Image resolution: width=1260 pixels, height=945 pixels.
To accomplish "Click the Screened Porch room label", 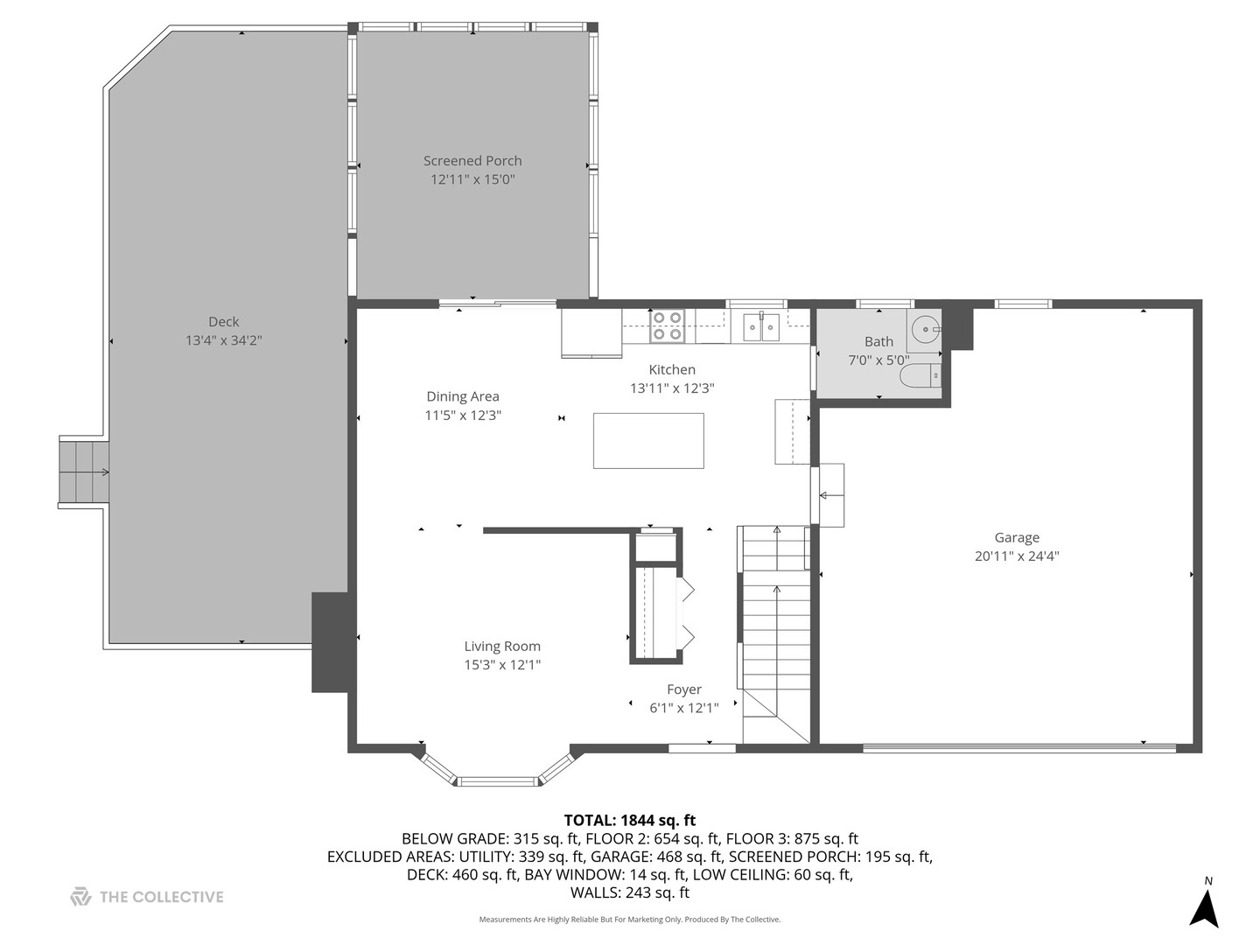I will pos(472,161).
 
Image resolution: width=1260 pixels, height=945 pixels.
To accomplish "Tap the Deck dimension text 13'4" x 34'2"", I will pos(223,340).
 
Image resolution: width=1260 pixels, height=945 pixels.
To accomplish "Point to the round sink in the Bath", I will pos(925,329).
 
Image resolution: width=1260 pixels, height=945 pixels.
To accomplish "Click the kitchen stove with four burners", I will pos(667,326).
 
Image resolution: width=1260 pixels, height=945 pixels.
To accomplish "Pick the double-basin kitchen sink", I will pos(761,327).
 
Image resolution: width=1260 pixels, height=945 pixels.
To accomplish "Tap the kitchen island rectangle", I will pos(648,441).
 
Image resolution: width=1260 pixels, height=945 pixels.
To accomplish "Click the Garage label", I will pos(1017,538).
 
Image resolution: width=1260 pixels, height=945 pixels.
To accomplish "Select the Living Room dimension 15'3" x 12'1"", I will pos(502,665).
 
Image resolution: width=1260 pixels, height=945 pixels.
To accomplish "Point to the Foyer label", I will pos(684,689).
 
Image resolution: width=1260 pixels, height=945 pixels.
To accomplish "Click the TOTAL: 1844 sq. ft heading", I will pos(629,821).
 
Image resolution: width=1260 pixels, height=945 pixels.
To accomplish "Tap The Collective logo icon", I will pos(80,897).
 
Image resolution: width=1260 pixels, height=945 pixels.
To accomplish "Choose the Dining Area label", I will pos(463,396).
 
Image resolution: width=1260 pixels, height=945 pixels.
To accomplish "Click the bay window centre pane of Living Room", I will pos(498,781).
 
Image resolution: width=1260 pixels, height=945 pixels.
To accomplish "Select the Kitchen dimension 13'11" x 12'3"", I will pos(672,388).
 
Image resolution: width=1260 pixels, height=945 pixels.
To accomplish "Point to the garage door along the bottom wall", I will pos(1019,747).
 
